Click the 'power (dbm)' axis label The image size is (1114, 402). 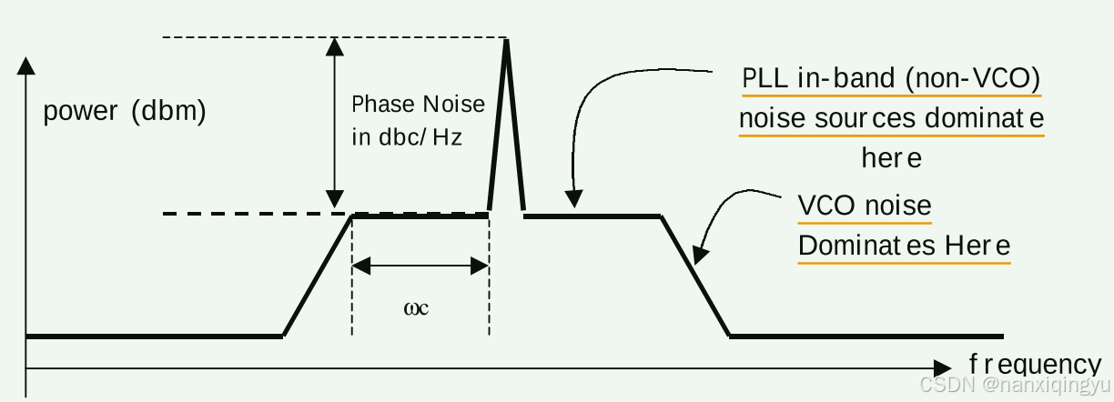pyautogui.click(x=125, y=111)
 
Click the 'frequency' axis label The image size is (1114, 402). pyautogui.click(x=1035, y=364)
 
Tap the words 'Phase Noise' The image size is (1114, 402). pyautogui.click(x=418, y=104)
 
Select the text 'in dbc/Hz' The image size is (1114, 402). pyautogui.click(x=407, y=138)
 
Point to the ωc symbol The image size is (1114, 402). pyautogui.click(x=416, y=307)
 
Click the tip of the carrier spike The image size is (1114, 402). pyautogui.click(x=506, y=40)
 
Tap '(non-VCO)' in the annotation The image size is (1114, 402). pyautogui.click(x=973, y=78)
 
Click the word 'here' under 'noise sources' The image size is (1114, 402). pyautogui.click(x=891, y=158)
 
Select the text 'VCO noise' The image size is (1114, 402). pyautogui.click(x=864, y=205)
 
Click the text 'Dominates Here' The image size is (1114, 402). pyautogui.click(x=904, y=246)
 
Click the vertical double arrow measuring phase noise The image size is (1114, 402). pyautogui.click(x=335, y=123)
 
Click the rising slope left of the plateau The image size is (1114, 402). pyautogui.click(x=318, y=276)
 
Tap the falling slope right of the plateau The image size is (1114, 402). pyautogui.click(x=695, y=276)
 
